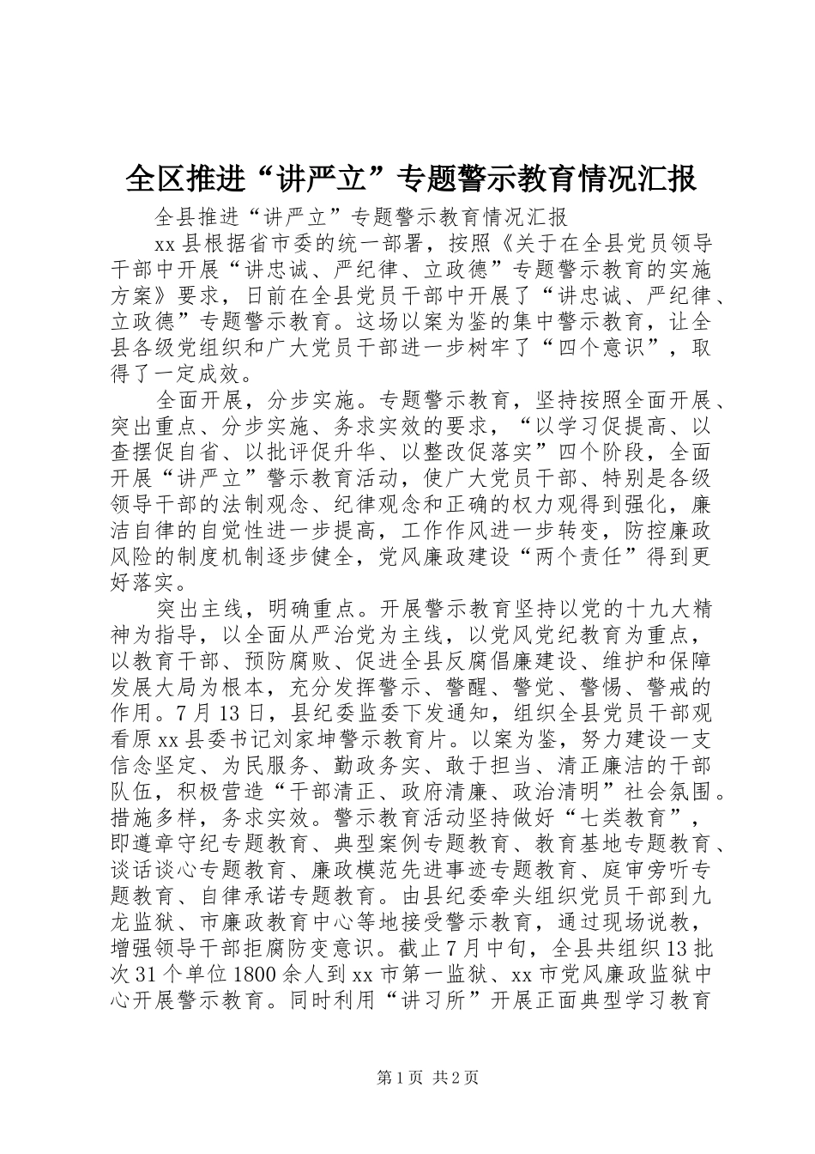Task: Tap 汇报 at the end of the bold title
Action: (x=667, y=179)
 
